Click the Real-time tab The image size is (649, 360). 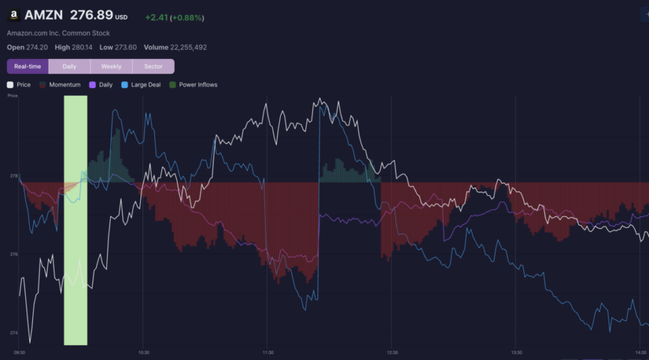pos(28,66)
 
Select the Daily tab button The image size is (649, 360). pos(69,66)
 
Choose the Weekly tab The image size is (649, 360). pos(112,66)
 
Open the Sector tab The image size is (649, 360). pos(153,66)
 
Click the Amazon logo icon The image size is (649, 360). pos(14,15)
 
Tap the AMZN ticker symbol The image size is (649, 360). pos(44,15)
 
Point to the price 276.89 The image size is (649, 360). pos(91,15)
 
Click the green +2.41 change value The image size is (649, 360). pos(157,18)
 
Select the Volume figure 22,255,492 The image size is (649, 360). pos(188,47)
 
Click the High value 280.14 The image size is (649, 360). pos(82,47)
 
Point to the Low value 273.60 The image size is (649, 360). pos(126,47)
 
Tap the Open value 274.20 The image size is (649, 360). pos(37,47)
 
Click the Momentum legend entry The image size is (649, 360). pos(60,85)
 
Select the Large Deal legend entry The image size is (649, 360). pos(141,85)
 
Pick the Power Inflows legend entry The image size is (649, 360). pos(193,85)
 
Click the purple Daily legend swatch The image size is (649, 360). pos(93,85)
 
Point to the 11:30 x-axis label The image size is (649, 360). pos(268,352)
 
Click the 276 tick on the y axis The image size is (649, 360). pos(14,254)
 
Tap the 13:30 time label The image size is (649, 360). pos(517,352)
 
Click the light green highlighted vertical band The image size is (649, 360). pos(75,220)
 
